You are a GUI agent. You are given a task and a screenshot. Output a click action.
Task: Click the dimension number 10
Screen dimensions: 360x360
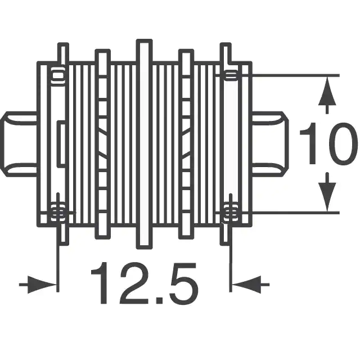click(x=328, y=144)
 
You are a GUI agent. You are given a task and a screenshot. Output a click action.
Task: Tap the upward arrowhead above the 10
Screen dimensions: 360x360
click(x=327, y=91)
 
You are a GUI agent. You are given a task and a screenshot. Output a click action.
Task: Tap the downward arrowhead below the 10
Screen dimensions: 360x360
click(x=327, y=197)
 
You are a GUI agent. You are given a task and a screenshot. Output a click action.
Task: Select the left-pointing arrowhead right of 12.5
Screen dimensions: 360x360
click(x=246, y=285)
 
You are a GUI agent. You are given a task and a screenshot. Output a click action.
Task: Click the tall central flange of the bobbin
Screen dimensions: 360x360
click(x=144, y=144)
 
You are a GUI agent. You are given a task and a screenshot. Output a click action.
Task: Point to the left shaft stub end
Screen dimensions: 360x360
click(x=19, y=144)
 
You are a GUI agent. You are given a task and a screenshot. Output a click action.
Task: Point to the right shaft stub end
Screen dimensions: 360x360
click(x=271, y=144)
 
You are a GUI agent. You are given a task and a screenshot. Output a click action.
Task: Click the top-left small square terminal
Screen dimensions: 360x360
click(x=57, y=75)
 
